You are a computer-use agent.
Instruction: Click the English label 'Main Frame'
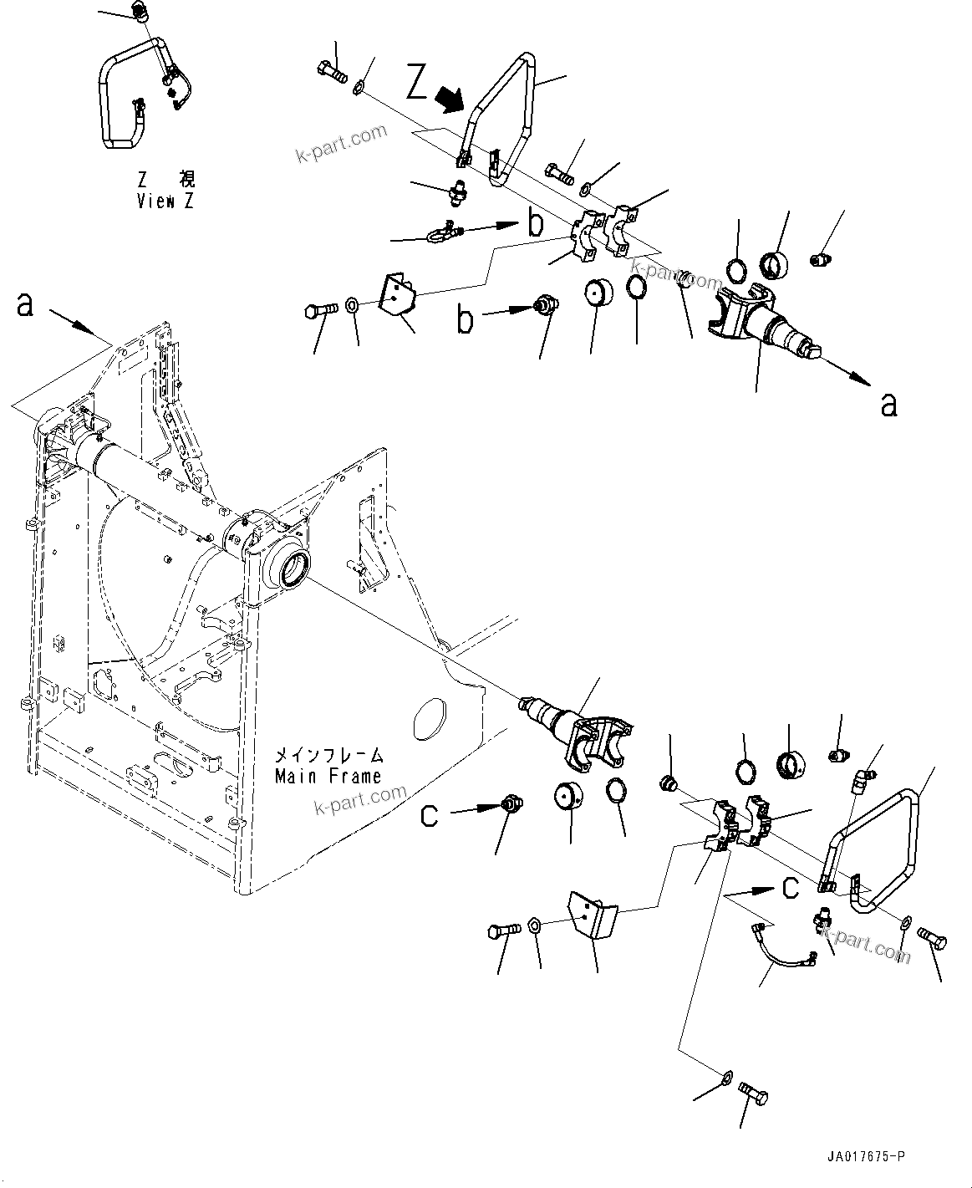pyautogui.click(x=328, y=776)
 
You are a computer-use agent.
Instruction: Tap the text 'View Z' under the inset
pyautogui.click(x=165, y=201)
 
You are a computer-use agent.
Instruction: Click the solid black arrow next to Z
pyautogui.click(x=451, y=99)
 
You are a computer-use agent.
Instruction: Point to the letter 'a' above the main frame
pyautogui.click(x=25, y=305)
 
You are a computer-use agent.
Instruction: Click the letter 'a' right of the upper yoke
pyautogui.click(x=889, y=405)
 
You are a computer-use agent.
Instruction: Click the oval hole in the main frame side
pyautogui.click(x=430, y=716)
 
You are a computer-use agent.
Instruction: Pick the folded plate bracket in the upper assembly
pyautogui.click(x=394, y=296)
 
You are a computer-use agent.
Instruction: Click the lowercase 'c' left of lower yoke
pyautogui.click(x=429, y=814)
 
